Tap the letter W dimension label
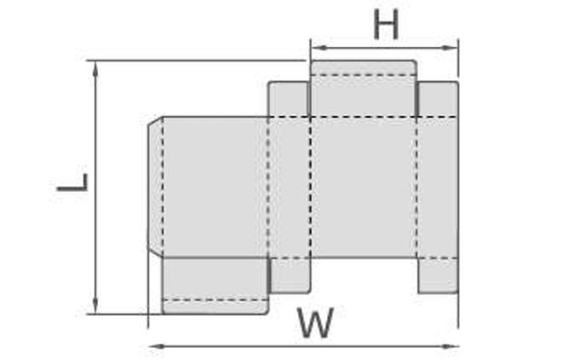pos(315,324)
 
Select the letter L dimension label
pos(73,183)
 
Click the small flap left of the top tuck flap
pos(288,98)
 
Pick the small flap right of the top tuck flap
pos(437,98)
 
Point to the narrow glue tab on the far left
pos(154,186)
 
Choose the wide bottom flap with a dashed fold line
pos(214,285)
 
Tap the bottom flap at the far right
pos(437,275)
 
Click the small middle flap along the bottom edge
pos(289,275)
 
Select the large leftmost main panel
pos(214,186)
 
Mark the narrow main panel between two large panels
pos(288,186)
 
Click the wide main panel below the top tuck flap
pos(363,186)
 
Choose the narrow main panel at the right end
pos(437,186)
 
